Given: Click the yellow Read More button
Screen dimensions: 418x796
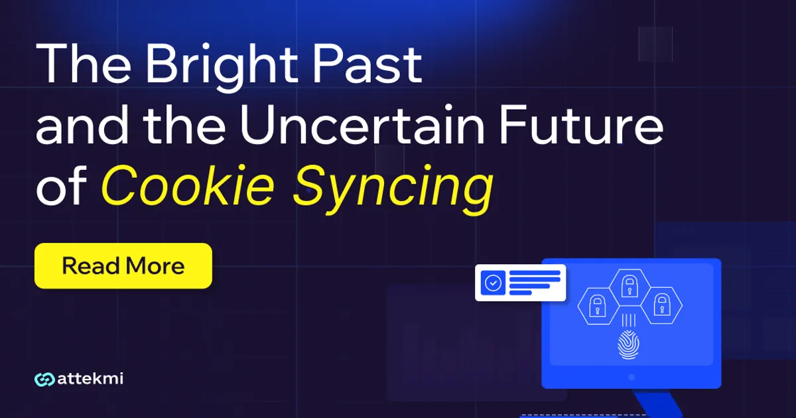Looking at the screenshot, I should (x=123, y=266).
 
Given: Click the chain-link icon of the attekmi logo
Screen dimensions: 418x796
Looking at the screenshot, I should (x=44, y=380).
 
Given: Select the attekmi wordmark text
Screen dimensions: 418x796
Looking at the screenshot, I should (x=91, y=380).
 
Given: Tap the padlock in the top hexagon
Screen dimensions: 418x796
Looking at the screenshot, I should (x=628, y=286).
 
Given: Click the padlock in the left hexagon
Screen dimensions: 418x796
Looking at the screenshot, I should (x=597, y=306).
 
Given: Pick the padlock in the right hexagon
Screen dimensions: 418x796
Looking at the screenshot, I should (x=660, y=306).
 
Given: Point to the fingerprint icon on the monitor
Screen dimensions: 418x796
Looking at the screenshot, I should (x=628, y=345).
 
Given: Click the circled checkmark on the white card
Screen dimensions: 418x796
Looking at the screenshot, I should (x=493, y=283).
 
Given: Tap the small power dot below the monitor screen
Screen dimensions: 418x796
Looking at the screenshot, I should (x=631, y=376).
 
